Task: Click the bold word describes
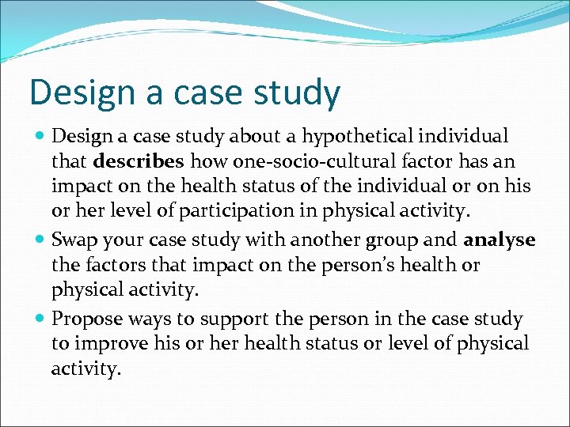139,162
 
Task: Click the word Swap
75,240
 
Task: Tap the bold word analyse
500,240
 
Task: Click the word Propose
85,319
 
